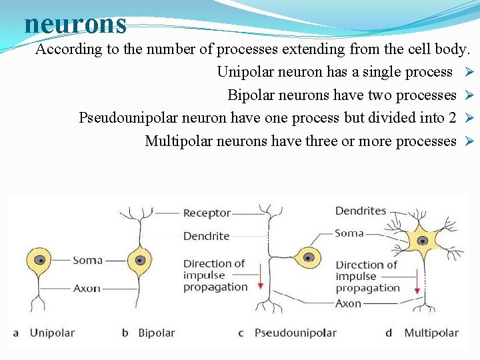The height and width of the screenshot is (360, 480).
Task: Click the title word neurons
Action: click(75, 24)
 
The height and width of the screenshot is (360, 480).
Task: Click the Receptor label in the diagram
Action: click(207, 213)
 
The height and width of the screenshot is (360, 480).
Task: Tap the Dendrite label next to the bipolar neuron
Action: click(206, 236)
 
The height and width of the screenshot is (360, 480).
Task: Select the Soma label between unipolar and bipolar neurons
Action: click(87, 260)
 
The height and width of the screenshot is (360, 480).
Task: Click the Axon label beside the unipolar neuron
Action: click(87, 289)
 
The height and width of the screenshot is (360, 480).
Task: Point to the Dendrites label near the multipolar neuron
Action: click(361, 211)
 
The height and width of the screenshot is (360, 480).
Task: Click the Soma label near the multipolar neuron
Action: click(349, 233)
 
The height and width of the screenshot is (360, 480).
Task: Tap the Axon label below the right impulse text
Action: click(348, 303)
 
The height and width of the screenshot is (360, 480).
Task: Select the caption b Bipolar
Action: click(150, 333)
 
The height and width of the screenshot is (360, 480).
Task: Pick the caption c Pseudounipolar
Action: click(289, 333)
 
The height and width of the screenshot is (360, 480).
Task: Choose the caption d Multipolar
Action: click(425, 333)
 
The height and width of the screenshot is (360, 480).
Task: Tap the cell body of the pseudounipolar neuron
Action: click(309, 257)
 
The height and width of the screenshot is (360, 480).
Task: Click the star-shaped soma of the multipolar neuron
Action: click(421, 241)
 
